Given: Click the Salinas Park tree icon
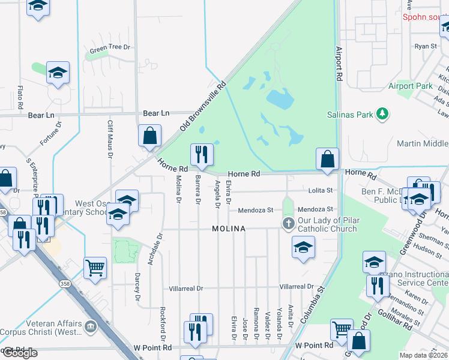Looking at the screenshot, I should coord(382,113).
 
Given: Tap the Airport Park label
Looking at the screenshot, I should coord(410,86).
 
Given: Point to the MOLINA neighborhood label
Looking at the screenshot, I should coord(229,229).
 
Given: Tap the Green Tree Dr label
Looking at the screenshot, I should coord(110,47).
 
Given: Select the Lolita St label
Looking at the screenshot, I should coord(321,191).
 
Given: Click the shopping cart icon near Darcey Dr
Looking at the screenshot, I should coord(95,268).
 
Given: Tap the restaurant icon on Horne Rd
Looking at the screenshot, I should coord(202,154).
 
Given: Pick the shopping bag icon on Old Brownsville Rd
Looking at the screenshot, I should coord(149,136).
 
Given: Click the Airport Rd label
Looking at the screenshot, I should coord(339,64).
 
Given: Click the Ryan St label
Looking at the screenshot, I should coord(426,46).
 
